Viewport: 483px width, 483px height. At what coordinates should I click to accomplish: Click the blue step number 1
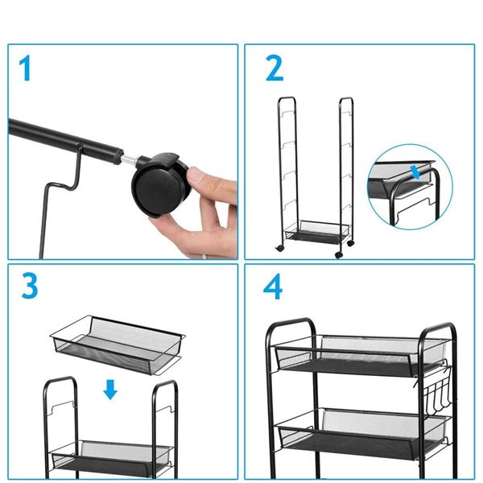25,68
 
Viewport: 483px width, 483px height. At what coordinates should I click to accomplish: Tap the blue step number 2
275,68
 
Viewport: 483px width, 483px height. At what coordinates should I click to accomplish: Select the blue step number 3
30,286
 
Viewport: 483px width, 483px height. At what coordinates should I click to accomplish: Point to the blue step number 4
273,286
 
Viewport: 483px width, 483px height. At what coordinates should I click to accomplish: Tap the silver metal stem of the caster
129,159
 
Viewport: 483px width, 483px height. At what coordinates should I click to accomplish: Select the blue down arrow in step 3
110,390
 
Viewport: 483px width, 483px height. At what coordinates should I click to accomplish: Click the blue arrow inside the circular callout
415,172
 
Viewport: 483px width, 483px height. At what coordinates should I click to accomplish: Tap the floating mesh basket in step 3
118,345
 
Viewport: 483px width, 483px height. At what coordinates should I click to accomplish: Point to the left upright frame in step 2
287,172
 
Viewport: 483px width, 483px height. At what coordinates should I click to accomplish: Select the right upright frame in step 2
346,172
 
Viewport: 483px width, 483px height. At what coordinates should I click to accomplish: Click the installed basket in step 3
110,456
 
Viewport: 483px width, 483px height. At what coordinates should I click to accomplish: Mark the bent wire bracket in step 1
61,197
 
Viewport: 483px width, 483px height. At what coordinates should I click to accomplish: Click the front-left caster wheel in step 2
279,248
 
